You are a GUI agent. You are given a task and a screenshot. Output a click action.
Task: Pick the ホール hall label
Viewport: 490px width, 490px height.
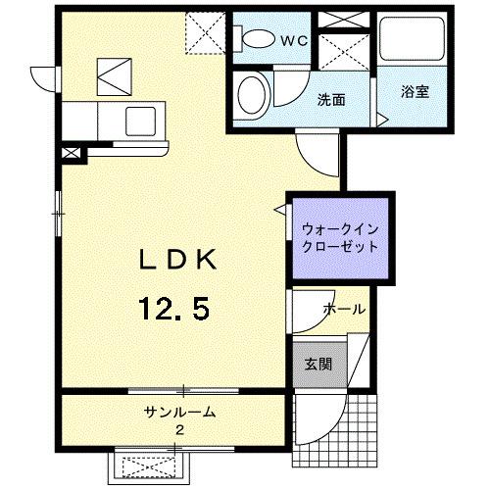pyautogui.click(x=346, y=309)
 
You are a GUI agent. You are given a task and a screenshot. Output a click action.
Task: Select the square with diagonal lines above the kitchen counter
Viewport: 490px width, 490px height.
pyautogui.click(x=112, y=73)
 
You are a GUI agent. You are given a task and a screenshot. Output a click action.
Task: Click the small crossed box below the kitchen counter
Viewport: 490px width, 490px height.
pyautogui.click(x=72, y=153)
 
